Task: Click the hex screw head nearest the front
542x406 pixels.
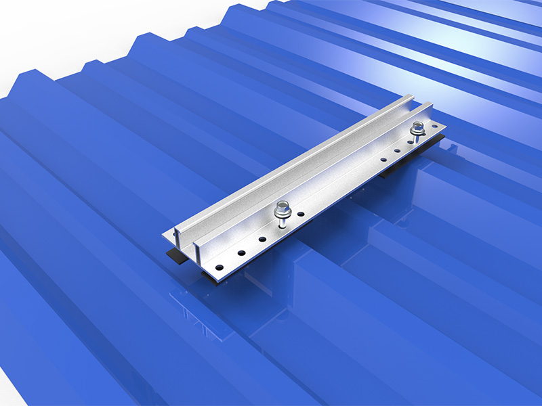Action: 280,206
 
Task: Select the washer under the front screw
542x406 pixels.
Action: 281,215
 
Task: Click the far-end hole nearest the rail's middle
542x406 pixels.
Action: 383,160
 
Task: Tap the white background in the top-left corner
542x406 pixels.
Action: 41,27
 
